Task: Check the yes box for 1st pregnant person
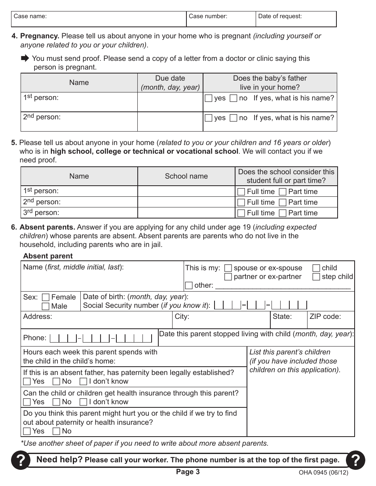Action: (209, 98)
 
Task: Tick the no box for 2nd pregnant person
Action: (234, 118)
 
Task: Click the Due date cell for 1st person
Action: (170, 102)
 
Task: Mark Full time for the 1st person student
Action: (241, 192)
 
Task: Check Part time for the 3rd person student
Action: (283, 213)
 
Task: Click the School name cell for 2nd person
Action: (186, 202)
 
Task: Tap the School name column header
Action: (186, 176)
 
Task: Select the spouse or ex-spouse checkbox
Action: (228, 268)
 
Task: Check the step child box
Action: (316, 277)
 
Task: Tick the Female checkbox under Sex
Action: (46, 298)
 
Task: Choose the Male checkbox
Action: (46, 307)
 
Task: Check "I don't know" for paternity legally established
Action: (84, 382)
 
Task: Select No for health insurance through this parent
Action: (57, 402)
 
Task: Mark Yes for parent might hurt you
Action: (27, 431)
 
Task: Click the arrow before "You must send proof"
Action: (25, 58)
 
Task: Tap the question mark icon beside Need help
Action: (21, 460)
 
